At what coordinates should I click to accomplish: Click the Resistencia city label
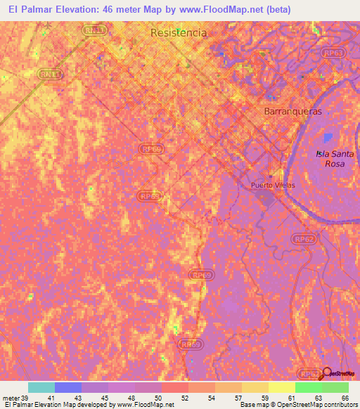(x=179, y=33)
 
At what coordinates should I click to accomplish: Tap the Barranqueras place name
(x=292, y=111)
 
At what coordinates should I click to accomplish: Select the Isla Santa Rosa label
(x=334, y=158)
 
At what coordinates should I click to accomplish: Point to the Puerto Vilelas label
(x=274, y=186)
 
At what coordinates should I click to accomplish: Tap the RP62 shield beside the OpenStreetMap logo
(x=307, y=372)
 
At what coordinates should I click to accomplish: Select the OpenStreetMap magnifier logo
(x=327, y=372)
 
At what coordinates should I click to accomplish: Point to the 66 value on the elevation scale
(x=345, y=398)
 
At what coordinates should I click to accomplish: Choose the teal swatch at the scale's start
(x=41, y=387)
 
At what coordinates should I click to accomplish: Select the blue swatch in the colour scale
(x=68, y=387)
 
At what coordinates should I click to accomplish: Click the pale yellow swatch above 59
(x=282, y=387)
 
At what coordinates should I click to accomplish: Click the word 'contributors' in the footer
(x=340, y=405)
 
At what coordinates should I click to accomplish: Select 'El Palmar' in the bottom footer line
(x=19, y=405)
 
